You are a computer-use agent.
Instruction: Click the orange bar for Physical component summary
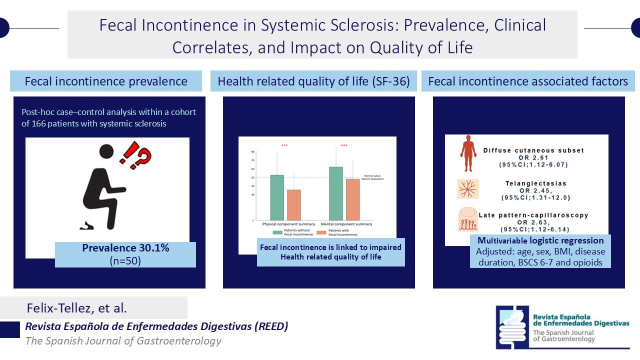point(293,205)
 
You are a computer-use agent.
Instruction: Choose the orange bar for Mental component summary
point(352,199)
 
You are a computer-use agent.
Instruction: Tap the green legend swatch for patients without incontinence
point(277,232)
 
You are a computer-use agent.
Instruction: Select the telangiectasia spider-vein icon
point(468,189)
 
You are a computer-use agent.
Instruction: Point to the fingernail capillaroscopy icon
point(468,220)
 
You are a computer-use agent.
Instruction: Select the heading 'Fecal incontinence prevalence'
point(106,81)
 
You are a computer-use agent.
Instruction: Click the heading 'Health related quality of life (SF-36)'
point(313,81)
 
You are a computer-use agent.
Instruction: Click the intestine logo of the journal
point(512,326)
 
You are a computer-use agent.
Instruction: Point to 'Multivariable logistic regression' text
point(540,240)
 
